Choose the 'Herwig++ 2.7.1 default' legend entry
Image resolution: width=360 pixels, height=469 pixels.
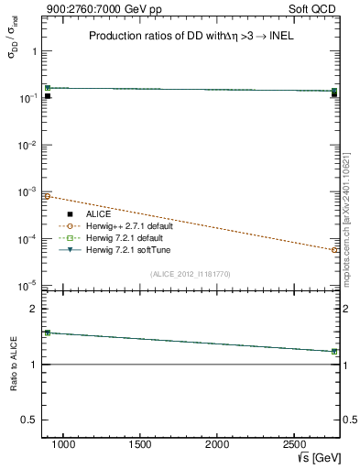click(127, 225)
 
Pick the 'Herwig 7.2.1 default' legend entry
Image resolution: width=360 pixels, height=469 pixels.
click(124, 237)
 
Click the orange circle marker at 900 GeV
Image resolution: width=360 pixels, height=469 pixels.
click(48, 196)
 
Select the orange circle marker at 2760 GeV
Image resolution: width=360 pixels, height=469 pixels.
click(334, 249)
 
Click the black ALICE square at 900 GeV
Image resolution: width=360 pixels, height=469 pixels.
click(48, 95)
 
